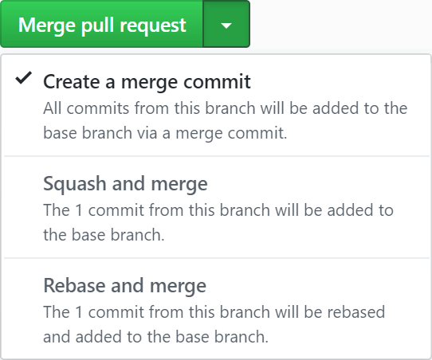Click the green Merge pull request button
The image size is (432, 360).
pyautogui.click(x=102, y=24)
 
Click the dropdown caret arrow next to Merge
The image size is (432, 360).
pyautogui.click(x=226, y=25)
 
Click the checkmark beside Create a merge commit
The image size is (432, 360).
pyautogui.click(x=24, y=77)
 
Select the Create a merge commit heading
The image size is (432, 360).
pyautogui.click(x=147, y=82)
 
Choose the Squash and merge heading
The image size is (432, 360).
pyautogui.click(x=125, y=183)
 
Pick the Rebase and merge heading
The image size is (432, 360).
pyautogui.click(x=125, y=285)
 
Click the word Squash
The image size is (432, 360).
pyautogui.click(x=75, y=185)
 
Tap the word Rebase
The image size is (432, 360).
pyautogui.click(x=74, y=285)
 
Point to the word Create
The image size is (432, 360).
pyautogui.click(x=72, y=82)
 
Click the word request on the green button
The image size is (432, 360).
pyautogui.click(x=153, y=26)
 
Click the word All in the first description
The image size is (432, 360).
pyautogui.click(x=53, y=108)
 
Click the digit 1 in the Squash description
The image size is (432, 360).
pyautogui.click(x=79, y=210)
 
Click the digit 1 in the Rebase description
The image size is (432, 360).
pyautogui.click(x=79, y=312)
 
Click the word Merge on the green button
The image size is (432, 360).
pyautogui.click(x=47, y=25)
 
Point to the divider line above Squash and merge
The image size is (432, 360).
pyautogui.click(x=217, y=156)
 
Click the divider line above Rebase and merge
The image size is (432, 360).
pyautogui.click(x=217, y=258)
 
